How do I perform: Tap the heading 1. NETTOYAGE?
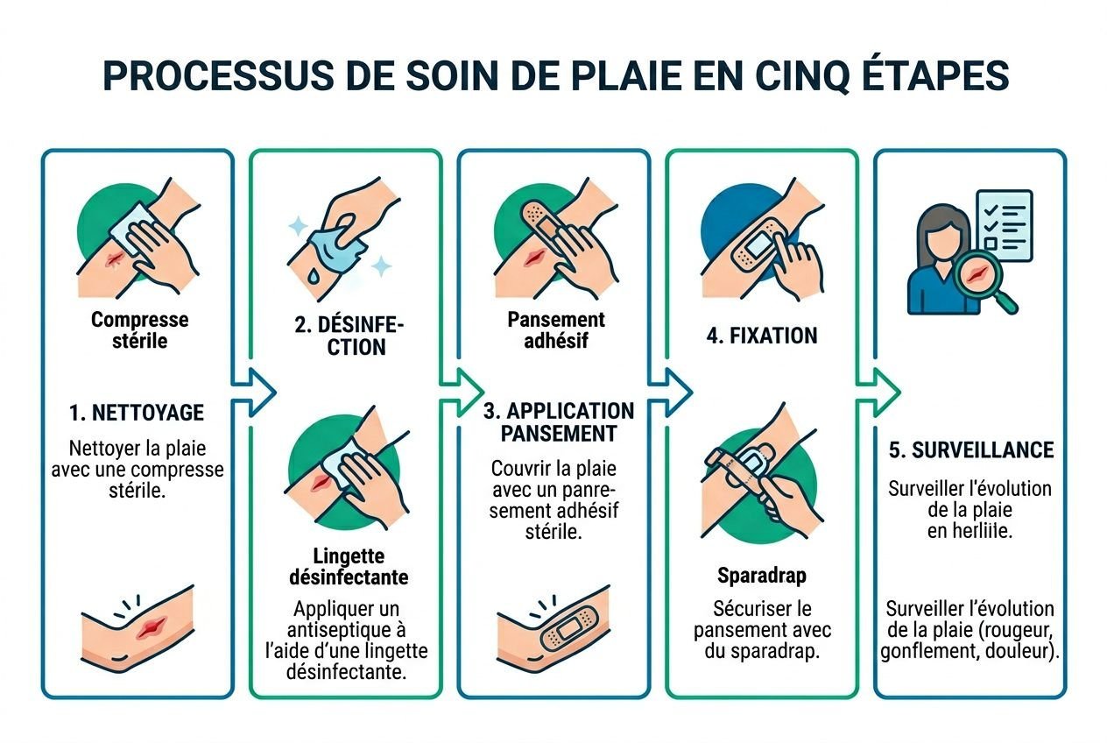coord(137,412)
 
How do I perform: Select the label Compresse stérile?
coord(139,330)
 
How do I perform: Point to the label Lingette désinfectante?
coord(348,567)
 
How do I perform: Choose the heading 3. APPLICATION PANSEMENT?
coord(558,421)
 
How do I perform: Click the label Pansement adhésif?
coord(556,330)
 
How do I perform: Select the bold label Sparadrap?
coord(762,576)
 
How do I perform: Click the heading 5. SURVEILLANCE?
coord(970,449)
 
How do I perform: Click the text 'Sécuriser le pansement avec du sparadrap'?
coord(762,630)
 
